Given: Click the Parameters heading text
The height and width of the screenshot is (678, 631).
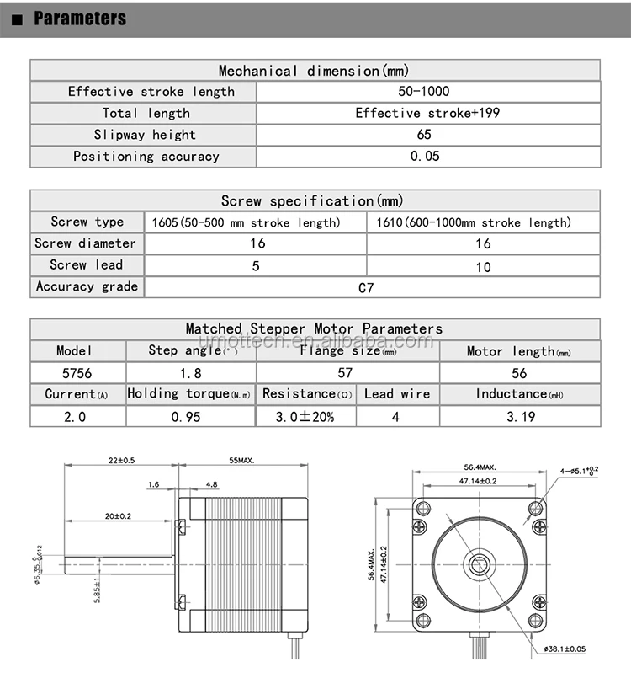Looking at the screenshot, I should click(x=80, y=19).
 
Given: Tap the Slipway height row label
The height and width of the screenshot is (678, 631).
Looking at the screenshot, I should click(x=144, y=135).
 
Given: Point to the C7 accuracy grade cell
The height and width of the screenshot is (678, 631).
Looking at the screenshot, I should click(x=366, y=287).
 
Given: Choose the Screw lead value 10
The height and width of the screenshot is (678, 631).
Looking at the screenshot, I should click(x=483, y=265).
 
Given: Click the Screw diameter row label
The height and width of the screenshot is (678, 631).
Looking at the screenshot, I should click(x=85, y=243).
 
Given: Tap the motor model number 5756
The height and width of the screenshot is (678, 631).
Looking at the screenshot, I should click(x=77, y=372).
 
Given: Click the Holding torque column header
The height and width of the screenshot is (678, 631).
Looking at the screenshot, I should click(x=189, y=393).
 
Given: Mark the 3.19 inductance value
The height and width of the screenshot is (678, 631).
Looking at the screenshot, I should click(x=519, y=416).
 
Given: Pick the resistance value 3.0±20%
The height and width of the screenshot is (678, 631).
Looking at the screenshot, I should click(x=305, y=416).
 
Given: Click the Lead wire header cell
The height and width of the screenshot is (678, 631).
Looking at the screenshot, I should click(x=397, y=393).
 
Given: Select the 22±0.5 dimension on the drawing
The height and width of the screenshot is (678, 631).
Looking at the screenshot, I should click(x=121, y=461).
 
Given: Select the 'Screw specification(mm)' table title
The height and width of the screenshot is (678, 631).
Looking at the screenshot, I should click(x=312, y=200).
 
